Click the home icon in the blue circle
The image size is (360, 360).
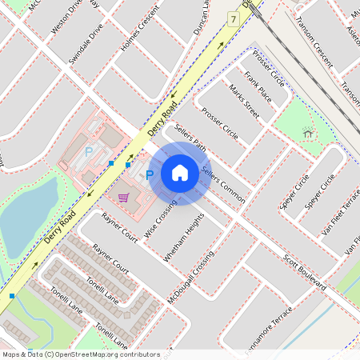[180, 172]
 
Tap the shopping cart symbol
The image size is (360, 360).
[123, 197]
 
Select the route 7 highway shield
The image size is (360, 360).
[233, 18]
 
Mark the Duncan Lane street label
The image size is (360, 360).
[202, 16]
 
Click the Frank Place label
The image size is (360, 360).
[258, 87]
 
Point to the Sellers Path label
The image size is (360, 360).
[190, 136]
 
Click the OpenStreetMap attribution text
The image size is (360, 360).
[80, 354]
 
